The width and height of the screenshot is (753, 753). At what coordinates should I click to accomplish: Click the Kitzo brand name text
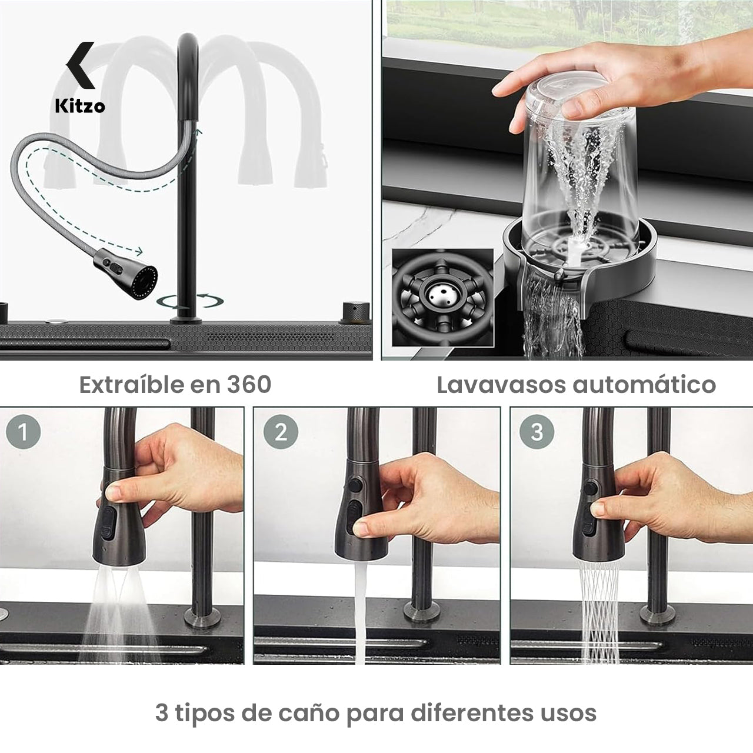tap(80, 106)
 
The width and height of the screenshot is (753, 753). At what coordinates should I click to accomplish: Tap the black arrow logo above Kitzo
tap(81, 65)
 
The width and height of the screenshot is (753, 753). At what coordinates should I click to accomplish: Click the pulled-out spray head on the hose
tap(126, 273)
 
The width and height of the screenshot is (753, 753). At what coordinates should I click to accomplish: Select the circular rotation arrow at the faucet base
tap(190, 301)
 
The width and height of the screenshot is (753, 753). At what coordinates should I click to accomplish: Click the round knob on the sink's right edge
tap(355, 312)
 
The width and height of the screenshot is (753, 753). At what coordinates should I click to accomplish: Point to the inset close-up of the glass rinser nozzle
tap(442, 296)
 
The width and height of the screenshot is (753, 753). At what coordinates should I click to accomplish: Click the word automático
tap(644, 385)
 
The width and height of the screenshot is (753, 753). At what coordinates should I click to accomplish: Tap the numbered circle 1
tap(24, 432)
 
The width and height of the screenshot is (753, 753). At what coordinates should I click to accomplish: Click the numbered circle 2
tap(281, 432)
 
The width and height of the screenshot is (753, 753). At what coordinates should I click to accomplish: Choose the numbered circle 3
tap(537, 432)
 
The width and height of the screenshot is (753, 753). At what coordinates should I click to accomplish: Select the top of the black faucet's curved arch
tap(188, 40)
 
